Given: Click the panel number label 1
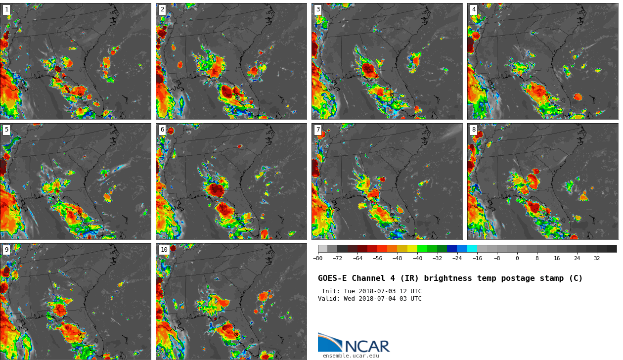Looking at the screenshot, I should [x=6, y=9].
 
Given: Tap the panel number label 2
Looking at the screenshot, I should [x=162, y=9].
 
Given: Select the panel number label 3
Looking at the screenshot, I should [x=318, y=9].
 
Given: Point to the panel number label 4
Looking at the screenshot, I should [x=474, y=9].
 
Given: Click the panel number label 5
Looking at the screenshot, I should [x=6, y=130].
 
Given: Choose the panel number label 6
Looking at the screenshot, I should [x=162, y=130].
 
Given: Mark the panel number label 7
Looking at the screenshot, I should [x=318, y=130].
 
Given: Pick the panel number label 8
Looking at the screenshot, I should [x=474, y=130].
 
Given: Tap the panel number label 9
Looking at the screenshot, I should [x=6, y=250].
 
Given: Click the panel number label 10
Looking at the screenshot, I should [x=164, y=250].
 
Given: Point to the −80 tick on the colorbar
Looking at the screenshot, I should [x=318, y=258].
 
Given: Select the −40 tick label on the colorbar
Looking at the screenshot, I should [x=417, y=258].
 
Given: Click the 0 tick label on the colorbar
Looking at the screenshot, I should [x=517, y=258].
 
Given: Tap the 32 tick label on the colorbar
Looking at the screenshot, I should [x=597, y=258].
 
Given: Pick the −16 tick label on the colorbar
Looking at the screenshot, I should [x=477, y=258].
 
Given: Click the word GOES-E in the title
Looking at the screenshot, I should [x=332, y=278].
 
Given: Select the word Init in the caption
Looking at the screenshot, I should [x=330, y=291].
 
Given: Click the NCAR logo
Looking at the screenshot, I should [x=354, y=343].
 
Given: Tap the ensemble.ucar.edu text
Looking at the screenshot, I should [x=351, y=356].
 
